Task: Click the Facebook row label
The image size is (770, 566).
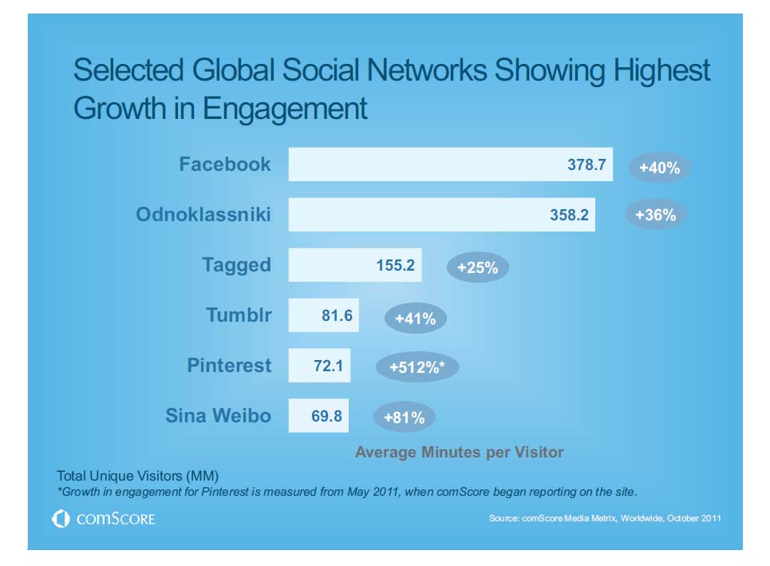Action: tap(225, 164)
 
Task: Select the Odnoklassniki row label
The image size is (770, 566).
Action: tap(203, 214)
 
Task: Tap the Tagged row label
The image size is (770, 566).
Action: tap(236, 264)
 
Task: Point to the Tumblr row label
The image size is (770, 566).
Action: tap(239, 315)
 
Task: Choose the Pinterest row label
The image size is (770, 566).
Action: tap(229, 366)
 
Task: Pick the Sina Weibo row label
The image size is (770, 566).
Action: tap(218, 416)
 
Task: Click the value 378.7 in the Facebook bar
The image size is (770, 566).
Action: tap(586, 165)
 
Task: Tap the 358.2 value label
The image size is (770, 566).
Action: tap(569, 215)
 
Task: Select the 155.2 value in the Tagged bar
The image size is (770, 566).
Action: tap(395, 265)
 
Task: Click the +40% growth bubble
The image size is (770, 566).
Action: tap(659, 168)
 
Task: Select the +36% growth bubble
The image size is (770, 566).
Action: tap(656, 215)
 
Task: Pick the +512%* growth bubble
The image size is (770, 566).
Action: tap(417, 368)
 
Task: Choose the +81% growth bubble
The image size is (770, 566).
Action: tap(404, 418)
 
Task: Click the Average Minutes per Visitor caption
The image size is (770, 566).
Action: tap(459, 453)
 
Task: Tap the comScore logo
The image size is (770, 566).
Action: tap(104, 520)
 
